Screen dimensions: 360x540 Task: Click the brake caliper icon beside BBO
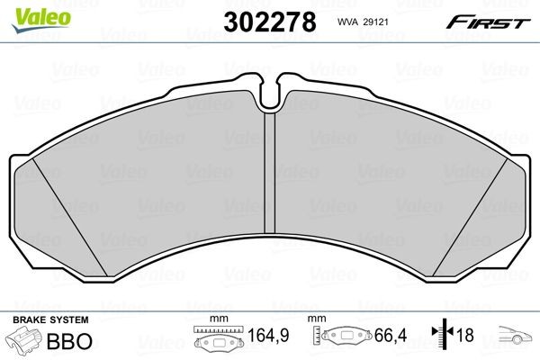(22, 343)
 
